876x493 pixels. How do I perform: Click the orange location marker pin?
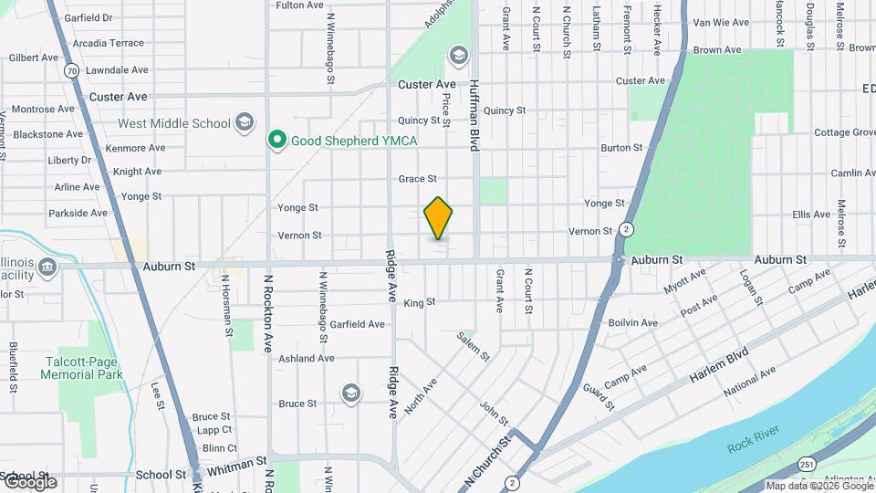click(439, 218)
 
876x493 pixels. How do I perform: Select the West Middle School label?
click(174, 123)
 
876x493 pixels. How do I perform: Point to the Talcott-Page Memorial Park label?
click(83, 368)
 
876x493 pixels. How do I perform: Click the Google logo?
click(29, 481)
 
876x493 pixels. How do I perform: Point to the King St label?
click(420, 302)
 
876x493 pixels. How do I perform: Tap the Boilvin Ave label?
click(632, 323)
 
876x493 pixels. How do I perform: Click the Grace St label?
click(418, 179)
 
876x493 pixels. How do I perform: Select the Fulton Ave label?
click(299, 5)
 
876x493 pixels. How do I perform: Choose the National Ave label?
click(749, 382)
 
